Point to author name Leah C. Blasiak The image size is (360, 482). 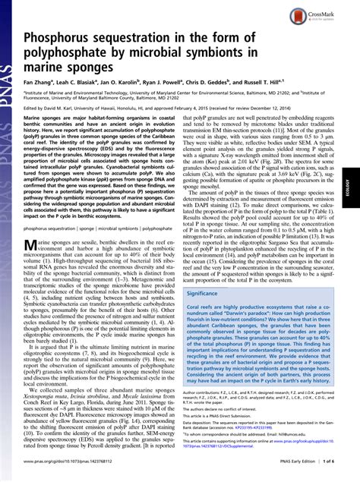click(81, 102)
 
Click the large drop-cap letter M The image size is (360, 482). click(32, 245)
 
